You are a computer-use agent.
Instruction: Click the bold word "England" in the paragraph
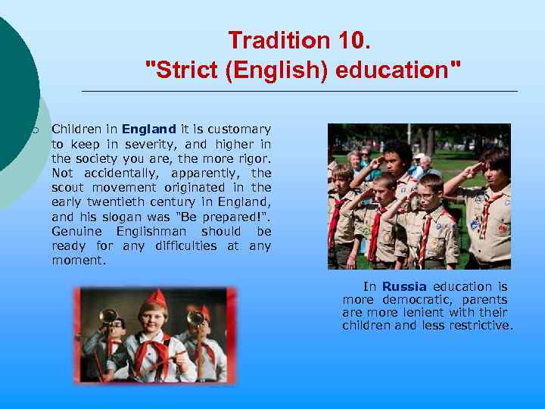coord(149,130)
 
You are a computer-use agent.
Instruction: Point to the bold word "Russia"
coord(404,286)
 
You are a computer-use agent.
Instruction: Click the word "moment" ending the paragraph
coord(79,260)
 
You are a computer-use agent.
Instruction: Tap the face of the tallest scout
coord(393,158)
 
